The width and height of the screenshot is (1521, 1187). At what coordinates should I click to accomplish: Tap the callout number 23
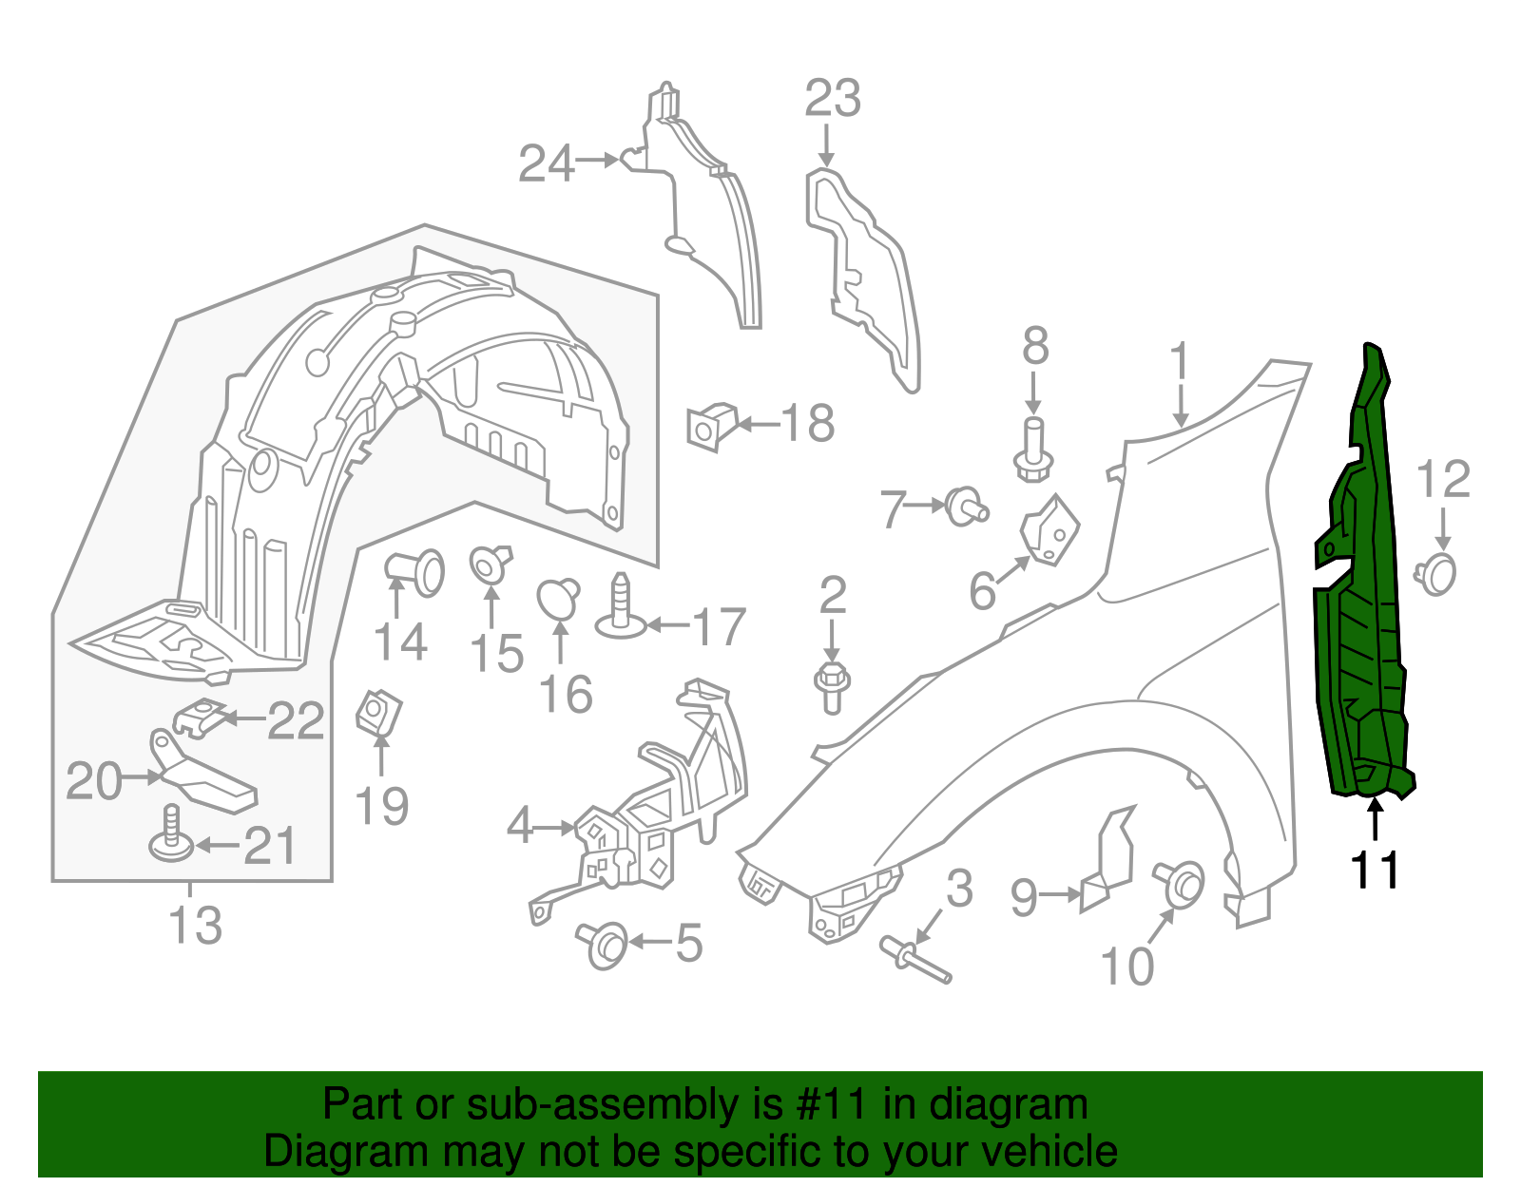[832, 99]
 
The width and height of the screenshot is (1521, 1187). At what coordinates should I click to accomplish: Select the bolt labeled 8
[1033, 450]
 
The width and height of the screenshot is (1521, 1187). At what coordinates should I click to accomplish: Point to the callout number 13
[195, 925]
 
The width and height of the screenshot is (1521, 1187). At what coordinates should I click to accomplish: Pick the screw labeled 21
[172, 833]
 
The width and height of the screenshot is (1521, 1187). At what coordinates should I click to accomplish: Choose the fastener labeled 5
[604, 943]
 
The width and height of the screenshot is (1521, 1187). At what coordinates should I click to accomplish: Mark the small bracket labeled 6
[1050, 530]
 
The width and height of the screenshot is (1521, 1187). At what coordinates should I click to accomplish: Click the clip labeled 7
[966, 506]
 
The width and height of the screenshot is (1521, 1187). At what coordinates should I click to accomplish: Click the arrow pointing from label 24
[599, 161]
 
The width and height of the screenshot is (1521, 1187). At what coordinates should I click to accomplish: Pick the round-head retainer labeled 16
[558, 599]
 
